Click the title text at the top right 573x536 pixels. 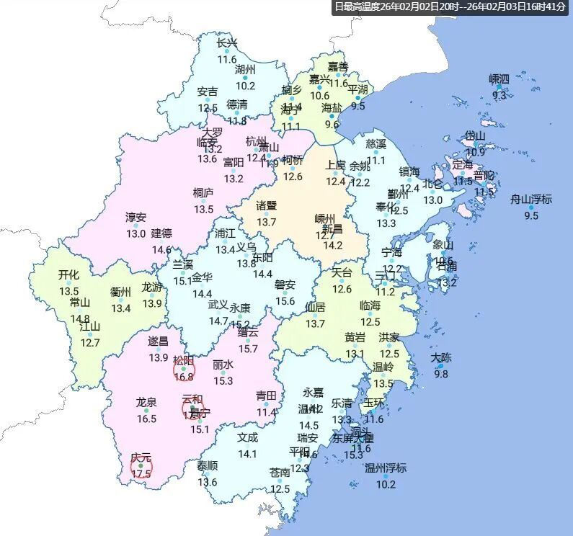click(452, 7)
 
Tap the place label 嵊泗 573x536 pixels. click(499, 79)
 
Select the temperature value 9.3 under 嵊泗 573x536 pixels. click(499, 95)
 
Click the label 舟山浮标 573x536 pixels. click(531, 199)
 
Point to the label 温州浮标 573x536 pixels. click(386, 468)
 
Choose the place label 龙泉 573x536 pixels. click(146, 402)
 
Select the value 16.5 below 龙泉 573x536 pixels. click(146, 419)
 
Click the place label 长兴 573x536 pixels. click(227, 43)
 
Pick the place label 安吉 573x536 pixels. click(208, 91)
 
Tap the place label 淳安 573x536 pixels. click(136, 217)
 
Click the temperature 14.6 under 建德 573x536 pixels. click(161, 250)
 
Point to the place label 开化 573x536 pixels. click(68, 274)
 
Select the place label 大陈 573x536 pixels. click(441, 357)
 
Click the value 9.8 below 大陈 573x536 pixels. click(441, 373)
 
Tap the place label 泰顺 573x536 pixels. click(208, 465)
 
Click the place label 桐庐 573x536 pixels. click(203, 193)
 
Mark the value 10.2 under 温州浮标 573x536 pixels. click(386, 484)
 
